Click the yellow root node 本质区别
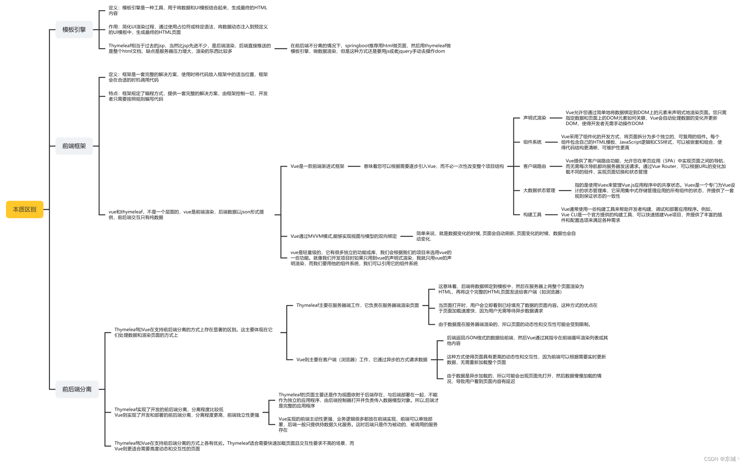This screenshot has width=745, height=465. (x=24, y=209)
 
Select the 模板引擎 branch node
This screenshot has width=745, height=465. (x=74, y=30)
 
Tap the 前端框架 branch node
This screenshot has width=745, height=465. (x=74, y=146)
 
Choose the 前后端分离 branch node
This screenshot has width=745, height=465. (x=77, y=389)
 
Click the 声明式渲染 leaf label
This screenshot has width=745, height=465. (x=534, y=118)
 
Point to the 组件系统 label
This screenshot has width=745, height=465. (x=532, y=142)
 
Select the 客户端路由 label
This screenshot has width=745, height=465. (x=534, y=166)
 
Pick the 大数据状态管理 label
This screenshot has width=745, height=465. (x=539, y=190)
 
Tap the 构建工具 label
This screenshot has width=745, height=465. (x=532, y=215)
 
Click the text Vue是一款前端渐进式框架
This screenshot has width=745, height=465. (x=317, y=166)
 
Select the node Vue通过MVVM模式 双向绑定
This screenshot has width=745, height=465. (x=343, y=236)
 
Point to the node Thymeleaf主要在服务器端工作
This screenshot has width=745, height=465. (x=357, y=305)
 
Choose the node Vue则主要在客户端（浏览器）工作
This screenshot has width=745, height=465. (x=362, y=359)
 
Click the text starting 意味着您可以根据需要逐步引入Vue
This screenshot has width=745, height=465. (x=433, y=166)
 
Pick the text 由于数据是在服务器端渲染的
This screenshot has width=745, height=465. (x=515, y=325)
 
